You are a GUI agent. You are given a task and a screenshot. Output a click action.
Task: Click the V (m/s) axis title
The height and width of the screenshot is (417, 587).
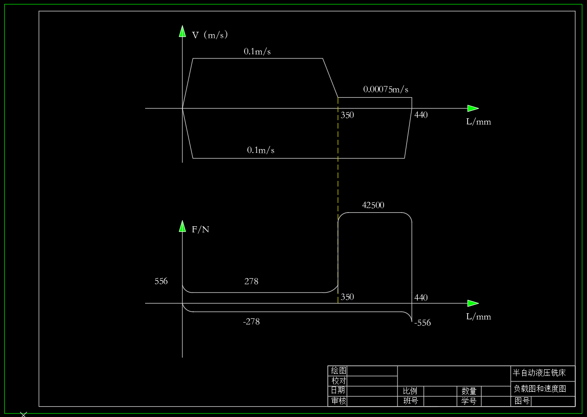coord(210,35)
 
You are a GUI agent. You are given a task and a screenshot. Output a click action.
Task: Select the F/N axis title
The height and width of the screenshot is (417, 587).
coord(201,230)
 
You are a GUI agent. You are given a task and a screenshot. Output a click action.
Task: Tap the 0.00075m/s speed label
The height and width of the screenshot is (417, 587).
coord(386,90)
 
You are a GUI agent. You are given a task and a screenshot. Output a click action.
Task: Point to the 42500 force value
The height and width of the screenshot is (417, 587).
coord(373,205)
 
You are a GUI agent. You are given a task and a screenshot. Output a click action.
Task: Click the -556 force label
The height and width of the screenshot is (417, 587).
coord(422,323)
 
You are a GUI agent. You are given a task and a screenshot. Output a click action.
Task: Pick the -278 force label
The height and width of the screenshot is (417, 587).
coord(252,322)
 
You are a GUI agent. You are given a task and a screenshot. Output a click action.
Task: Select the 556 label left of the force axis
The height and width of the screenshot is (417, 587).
coord(161,281)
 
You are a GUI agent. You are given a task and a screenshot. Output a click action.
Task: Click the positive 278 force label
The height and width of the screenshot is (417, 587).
coord(252,281)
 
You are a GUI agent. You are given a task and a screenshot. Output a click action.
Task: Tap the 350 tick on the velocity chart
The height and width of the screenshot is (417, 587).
coord(347,115)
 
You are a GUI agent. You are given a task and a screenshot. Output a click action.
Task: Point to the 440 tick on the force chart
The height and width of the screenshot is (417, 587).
coord(421,297)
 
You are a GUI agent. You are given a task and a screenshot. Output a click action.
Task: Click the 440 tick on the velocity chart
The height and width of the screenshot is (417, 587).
coord(421,115)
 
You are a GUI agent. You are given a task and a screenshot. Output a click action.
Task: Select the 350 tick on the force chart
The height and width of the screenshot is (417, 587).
coord(347,297)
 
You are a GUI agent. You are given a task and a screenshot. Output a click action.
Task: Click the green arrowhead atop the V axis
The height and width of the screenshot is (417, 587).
coord(182,31)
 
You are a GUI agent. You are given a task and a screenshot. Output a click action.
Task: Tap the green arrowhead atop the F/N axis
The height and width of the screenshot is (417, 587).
coord(182,226)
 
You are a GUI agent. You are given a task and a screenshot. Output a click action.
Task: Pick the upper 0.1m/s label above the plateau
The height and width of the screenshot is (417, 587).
coord(257,51)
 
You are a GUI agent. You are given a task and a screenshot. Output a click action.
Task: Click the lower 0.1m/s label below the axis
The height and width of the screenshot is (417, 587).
coord(261,150)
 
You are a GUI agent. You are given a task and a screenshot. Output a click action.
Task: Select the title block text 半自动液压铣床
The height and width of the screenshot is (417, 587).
coord(539,373)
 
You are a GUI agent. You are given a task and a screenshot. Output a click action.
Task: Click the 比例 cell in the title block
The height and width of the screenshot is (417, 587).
coord(410,391)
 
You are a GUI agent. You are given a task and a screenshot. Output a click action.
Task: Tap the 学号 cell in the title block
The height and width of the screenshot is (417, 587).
coord(469,401)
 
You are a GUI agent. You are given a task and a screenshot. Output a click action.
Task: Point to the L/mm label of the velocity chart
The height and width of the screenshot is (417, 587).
coord(478,122)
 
